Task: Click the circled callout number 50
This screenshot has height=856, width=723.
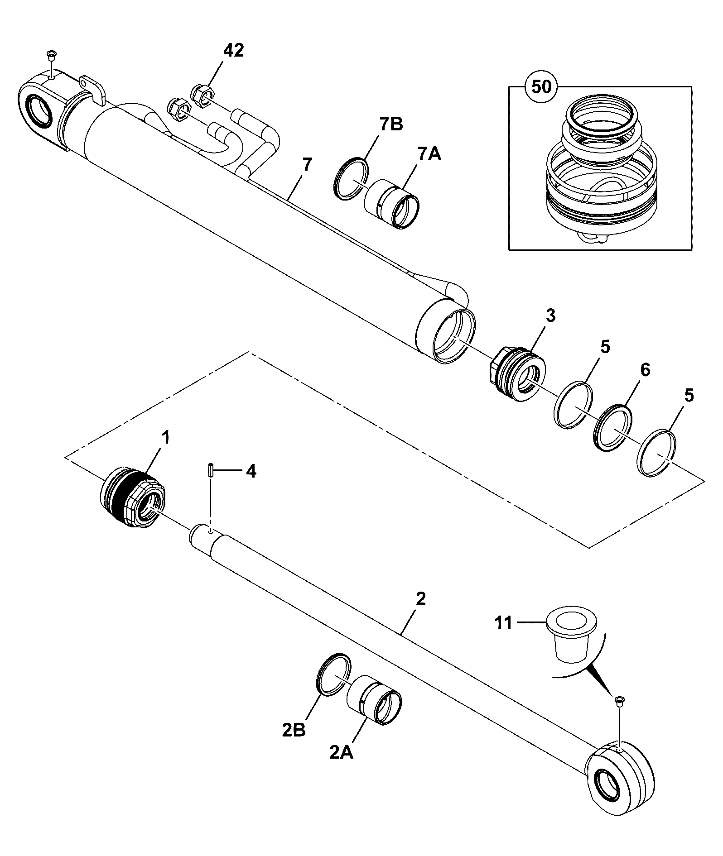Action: click(541, 86)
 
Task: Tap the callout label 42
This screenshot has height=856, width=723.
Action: click(233, 50)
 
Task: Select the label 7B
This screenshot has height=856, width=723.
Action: click(391, 125)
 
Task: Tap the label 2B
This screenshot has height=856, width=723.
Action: click(294, 731)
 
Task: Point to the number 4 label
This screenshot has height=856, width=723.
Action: click(251, 471)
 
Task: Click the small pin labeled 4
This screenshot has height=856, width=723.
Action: click(211, 469)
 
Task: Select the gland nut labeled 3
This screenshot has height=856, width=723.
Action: click(518, 368)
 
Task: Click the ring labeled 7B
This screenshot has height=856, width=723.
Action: click(351, 178)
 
